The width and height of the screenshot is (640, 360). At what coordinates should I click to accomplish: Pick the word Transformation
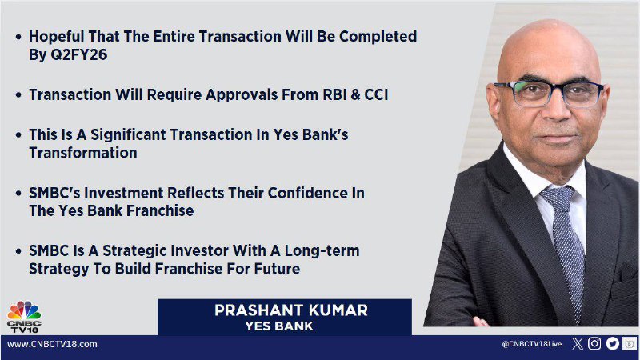tap(83, 153)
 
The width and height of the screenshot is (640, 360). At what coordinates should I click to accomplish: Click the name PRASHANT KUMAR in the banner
tap(291, 310)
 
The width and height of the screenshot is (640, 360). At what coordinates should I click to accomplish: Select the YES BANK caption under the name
tap(279, 326)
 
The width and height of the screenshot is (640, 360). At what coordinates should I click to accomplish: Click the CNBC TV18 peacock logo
tap(24, 316)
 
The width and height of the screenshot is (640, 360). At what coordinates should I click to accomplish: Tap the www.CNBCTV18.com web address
tap(52, 344)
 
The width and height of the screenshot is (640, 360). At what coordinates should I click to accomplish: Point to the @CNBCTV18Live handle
tap(531, 344)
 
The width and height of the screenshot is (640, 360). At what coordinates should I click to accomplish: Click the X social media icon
tap(577, 344)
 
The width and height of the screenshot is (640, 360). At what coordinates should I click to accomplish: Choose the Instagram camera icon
tap(594, 344)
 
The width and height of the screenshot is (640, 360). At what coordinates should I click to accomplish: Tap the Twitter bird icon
tap(612, 344)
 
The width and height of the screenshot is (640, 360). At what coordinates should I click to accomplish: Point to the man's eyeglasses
tap(548, 93)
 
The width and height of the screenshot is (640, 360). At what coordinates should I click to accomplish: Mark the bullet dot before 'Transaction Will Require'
tap(18, 95)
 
